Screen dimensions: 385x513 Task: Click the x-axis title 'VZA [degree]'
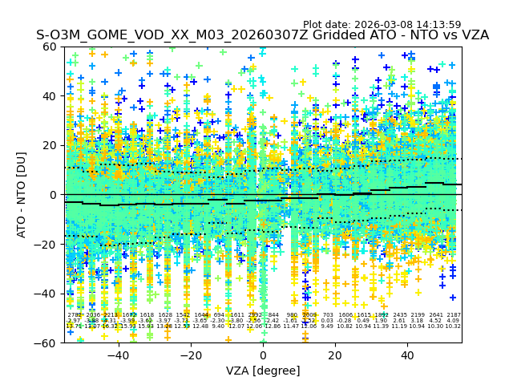pyautogui.click(x=263, y=371)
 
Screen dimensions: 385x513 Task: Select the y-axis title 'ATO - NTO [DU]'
pyautogui.click(x=22, y=194)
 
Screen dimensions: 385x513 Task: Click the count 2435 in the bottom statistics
pyautogui.click(x=400, y=315)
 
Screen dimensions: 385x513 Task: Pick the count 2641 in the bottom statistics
pyautogui.click(x=436, y=315)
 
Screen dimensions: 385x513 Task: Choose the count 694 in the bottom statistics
pyautogui.click(x=219, y=315)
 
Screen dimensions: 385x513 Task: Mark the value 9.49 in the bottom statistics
pyautogui.click(x=327, y=326)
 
